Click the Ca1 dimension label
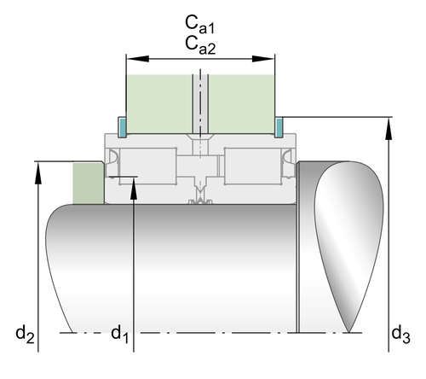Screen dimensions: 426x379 [200, 25]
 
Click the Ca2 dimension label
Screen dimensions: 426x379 [200, 45]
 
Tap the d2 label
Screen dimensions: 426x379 [25, 334]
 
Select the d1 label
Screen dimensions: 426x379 [119, 334]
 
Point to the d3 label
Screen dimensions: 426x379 [400, 334]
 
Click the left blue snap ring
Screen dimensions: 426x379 [122, 127]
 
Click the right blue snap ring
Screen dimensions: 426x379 [279, 127]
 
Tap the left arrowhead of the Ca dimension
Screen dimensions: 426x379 [138, 59]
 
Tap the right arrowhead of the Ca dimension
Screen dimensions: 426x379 [263, 59]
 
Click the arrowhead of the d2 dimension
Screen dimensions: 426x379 [37, 173]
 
